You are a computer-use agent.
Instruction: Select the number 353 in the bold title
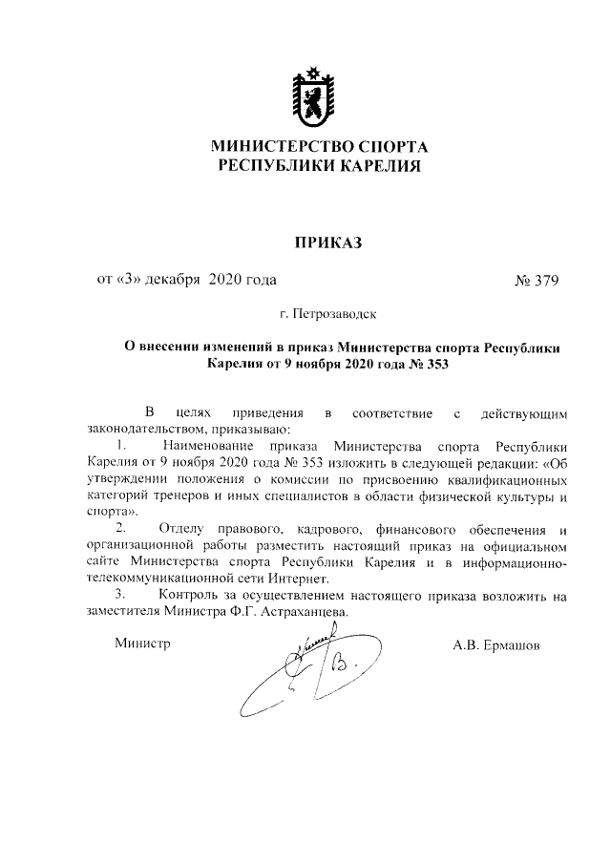pos(434,364)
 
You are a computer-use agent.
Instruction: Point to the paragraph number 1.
pos(120,446)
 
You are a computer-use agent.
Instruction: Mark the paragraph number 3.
pos(120,597)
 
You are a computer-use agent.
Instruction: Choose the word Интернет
pos(299,580)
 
